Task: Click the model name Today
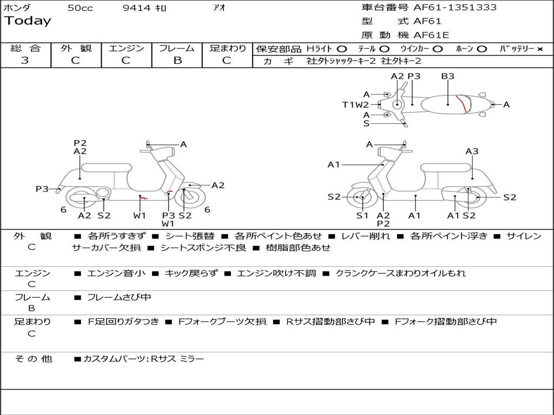(28, 21)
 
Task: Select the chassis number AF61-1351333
(455, 8)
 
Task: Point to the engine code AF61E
(431, 35)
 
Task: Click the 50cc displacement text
(80, 8)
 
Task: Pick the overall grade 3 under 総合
(25, 61)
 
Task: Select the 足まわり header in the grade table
(228, 49)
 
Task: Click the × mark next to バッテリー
(540, 49)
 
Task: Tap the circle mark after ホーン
(482, 49)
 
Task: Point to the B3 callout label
(447, 76)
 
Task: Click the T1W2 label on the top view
(355, 105)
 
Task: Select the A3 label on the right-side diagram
(472, 151)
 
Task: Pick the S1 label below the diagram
(362, 216)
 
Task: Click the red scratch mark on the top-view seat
(463, 104)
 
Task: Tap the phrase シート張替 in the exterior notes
(189, 236)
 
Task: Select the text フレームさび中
(119, 297)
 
